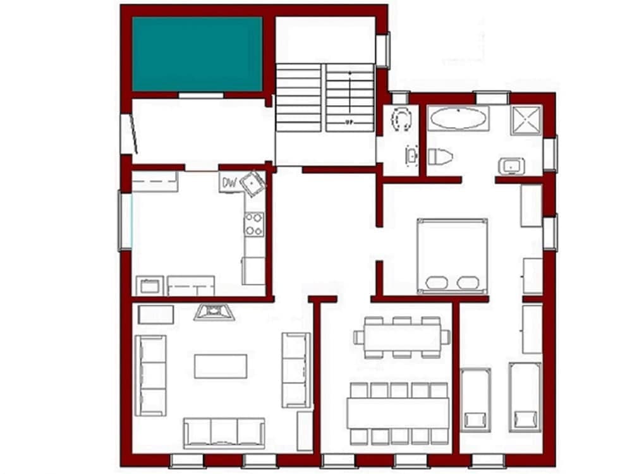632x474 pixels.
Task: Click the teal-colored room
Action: point(197,54)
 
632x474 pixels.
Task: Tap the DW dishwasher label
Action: point(229,184)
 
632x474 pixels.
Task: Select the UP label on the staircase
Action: point(349,121)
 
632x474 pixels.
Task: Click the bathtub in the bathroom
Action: point(458,118)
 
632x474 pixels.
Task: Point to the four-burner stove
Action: point(254,224)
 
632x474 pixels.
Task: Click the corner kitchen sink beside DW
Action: point(254,183)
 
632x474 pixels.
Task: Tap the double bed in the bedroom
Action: point(452,256)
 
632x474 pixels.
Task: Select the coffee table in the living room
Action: point(221,366)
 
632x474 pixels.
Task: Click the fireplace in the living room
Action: point(214,312)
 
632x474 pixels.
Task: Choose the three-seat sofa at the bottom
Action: point(224,432)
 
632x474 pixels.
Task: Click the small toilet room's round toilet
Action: point(401,119)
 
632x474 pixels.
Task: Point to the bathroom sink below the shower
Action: point(510,166)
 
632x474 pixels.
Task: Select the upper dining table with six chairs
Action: point(402,337)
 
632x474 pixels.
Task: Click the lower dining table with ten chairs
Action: point(398,412)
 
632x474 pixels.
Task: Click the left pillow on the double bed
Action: point(437,283)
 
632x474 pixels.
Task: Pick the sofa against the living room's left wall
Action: point(151,375)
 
